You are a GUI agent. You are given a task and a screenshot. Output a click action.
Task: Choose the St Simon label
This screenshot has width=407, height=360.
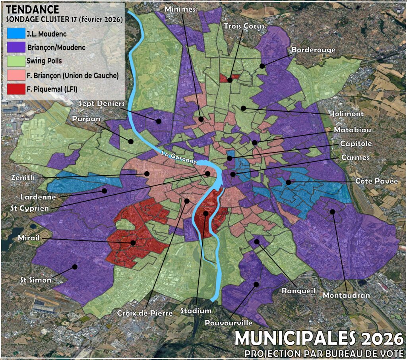point(36,280)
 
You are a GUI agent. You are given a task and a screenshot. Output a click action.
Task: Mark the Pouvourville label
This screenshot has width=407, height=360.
point(229,323)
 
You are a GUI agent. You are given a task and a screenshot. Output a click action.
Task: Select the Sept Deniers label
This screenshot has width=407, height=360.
point(102,103)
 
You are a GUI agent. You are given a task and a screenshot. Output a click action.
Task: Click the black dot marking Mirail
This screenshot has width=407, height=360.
point(133,242)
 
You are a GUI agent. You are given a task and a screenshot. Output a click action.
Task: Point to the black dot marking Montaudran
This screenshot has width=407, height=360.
point(333,212)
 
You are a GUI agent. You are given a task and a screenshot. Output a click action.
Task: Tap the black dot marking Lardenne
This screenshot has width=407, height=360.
point(105,191)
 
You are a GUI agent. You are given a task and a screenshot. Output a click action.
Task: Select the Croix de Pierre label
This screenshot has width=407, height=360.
point(145,313)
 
